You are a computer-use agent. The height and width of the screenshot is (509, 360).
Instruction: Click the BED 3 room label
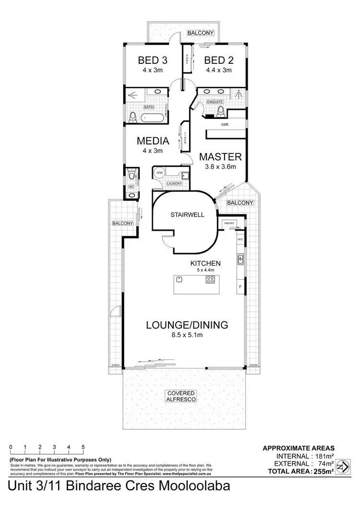pos(153,60)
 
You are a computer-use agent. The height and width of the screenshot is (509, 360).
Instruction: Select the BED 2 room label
pos(218,60)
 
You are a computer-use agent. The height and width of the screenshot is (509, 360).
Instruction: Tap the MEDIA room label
pos(153,141)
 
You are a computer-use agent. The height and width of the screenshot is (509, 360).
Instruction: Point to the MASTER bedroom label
pos(220,157)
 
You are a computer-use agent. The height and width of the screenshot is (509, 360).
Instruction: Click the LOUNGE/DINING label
pos(187,325)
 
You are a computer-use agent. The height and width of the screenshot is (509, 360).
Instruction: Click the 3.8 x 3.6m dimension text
pos(220,167)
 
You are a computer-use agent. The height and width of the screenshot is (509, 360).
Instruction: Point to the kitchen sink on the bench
pos(240,260)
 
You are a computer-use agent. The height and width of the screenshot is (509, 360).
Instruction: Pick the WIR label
pos(224,124)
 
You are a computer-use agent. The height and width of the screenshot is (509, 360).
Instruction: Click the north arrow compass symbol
pos(342,466)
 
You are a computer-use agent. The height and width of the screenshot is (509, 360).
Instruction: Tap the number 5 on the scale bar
pos(83,447)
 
